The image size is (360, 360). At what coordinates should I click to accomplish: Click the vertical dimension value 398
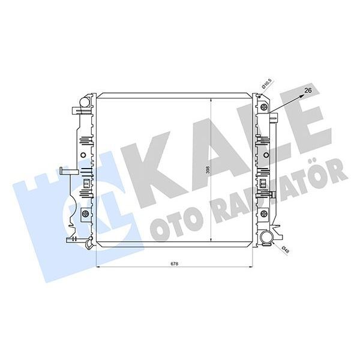(207, 170)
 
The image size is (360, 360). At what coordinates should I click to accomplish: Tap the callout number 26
(309, 90)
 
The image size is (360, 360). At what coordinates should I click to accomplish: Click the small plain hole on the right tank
(264, 155)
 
